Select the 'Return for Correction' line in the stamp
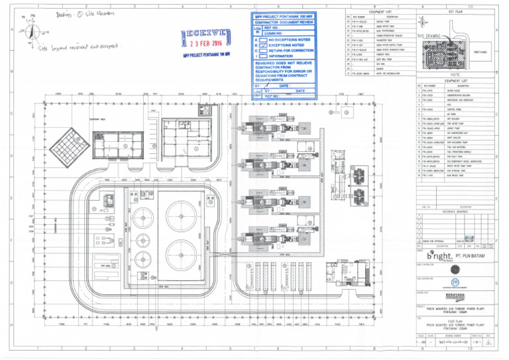292,51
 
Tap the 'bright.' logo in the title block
437,256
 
